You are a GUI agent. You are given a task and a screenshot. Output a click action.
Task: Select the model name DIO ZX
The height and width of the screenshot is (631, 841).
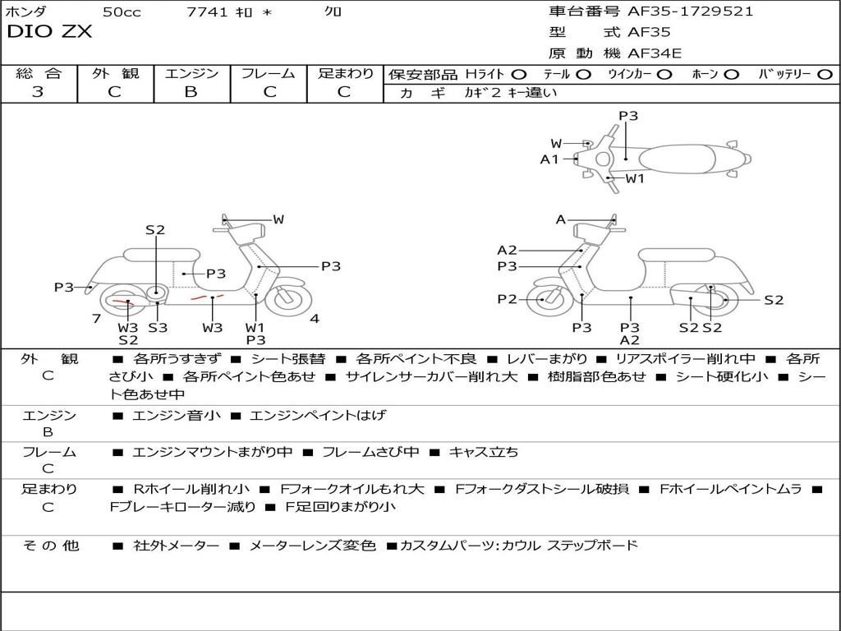click(x=49, y=32)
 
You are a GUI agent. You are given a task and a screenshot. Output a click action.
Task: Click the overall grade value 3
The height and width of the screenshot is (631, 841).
click(x=38, y=92)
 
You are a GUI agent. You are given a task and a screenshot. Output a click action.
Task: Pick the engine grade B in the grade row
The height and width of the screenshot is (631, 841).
click(x=191, y=92)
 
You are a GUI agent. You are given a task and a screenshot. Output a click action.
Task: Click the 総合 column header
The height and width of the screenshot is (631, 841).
click(x=38, y=73)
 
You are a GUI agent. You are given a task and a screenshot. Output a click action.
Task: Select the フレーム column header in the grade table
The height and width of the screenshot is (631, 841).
click(x=268, y=73)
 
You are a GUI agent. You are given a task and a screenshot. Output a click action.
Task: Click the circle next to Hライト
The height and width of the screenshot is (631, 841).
click(x=519, y=74)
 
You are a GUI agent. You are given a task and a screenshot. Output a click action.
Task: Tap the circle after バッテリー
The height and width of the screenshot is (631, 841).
click(x=825, y=74)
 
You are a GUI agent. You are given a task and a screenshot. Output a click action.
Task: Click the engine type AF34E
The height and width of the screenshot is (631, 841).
click(x=655, y=54)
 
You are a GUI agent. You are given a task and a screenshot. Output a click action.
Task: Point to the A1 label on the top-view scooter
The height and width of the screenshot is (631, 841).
click(x=549, y=159)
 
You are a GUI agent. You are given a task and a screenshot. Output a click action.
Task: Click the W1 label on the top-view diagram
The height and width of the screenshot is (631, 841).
click(x=635, y=178)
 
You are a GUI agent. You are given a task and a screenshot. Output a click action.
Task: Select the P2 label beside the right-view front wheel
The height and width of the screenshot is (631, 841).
click(x=507, y=299)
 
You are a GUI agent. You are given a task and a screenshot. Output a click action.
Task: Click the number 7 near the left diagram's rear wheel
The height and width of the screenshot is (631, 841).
click(x=96, y=319)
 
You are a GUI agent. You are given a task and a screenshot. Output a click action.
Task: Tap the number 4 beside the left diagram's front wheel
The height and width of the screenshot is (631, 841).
click(x=315, y=319)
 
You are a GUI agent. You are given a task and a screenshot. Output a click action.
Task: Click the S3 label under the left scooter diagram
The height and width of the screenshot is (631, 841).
click(x=157, y=328)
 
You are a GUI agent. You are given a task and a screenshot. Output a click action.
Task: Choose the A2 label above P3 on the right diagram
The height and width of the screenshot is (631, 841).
click(x=507, y=251)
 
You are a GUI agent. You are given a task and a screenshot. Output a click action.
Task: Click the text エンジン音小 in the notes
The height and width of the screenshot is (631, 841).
click(x=177, y=416)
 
